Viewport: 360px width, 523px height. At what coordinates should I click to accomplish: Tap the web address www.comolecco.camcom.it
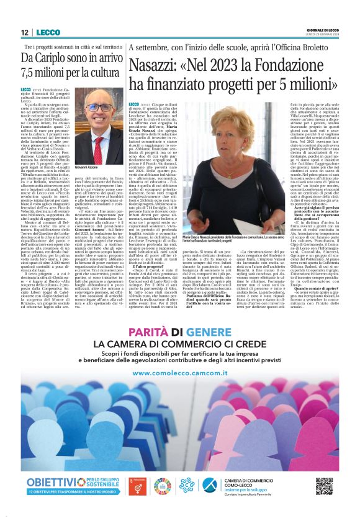[x=179, y=373]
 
